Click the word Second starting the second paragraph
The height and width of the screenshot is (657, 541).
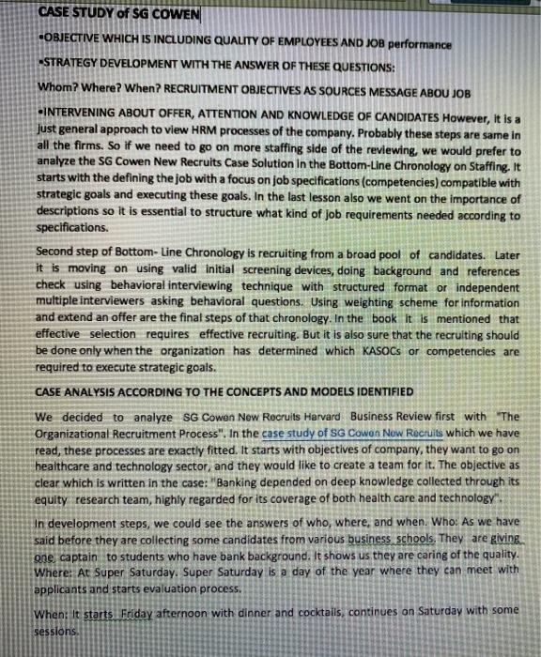pos(55,253)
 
